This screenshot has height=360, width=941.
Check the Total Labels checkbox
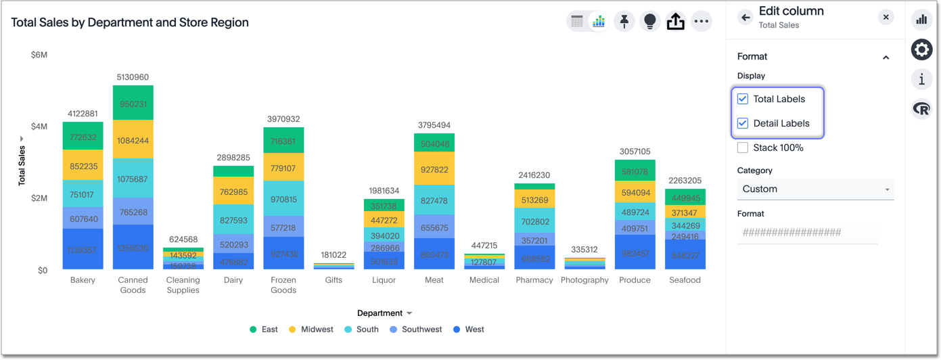point(743,99)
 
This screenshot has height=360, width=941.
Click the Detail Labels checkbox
point(743,123)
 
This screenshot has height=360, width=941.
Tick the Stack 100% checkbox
point(743,148)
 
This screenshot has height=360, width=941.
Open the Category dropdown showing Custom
point(815,189)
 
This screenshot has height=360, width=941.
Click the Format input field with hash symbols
point(807,233)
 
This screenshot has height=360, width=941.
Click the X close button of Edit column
point(886,18)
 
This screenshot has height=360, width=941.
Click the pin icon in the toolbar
point(624,22)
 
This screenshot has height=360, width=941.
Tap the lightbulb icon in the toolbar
point(649,22)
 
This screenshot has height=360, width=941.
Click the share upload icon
point(675,22)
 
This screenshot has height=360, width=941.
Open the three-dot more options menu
point(702,22)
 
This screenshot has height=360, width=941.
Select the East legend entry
point(264,330)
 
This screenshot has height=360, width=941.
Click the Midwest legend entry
point(311,330)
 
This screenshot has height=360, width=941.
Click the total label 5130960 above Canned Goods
point(133,77)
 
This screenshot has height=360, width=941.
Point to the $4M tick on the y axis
point(39,127)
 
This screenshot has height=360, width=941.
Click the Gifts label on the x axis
point(334,280)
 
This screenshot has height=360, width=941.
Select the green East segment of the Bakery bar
point(83,136)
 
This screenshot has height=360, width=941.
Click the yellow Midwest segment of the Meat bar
point(434,168)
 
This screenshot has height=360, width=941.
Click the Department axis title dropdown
point(384,313)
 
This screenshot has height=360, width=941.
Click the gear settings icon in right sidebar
point(921,49)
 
